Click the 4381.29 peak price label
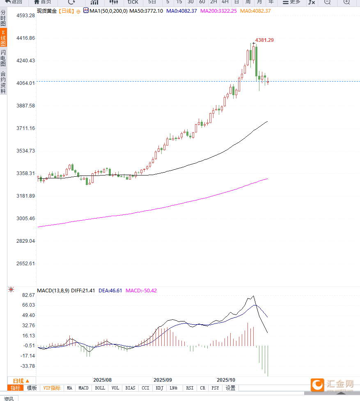point(264,40)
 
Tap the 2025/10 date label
point(226,380)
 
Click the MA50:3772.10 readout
point(146,11)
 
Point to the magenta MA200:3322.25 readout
point(218,11)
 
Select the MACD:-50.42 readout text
point(141,290)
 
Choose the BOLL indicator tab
point(100,388)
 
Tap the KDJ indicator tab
point(160,388)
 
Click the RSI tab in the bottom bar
point(189,388)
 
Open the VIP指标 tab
point(52,388)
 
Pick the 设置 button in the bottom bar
point(230,388)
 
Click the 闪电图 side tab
point(3,58)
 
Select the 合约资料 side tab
point(3,82)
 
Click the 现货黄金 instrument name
point(46,11)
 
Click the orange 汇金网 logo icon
point(316,385)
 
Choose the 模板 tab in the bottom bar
point(32,388)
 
